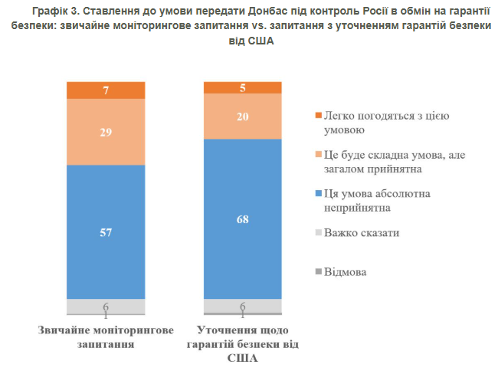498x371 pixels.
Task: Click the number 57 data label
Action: [105, 232]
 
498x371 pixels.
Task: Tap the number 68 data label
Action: [242, 220]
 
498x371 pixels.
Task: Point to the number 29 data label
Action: [105, 132]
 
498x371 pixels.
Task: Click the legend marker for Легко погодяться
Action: [318, 116]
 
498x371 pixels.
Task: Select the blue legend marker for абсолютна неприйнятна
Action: [318, 194]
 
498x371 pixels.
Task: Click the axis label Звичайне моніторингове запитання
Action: [105, 337]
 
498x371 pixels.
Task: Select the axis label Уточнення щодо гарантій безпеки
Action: [242, 343]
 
